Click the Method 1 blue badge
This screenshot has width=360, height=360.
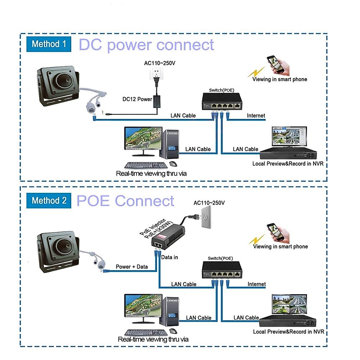[49, 44]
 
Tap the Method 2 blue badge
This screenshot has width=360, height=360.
[49, 200]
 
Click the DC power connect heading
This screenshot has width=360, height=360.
[146, 45]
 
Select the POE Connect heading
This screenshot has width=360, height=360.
[125, 201]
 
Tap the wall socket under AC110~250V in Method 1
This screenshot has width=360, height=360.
[156, 73]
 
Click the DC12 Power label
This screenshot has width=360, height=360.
[137, 99]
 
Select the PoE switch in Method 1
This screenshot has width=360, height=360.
[222, 101]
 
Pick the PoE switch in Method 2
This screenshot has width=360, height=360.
[222, 269]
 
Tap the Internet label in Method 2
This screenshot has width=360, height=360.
[256, 284]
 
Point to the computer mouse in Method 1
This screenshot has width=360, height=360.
[173, 164]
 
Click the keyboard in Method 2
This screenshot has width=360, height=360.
[146, 332]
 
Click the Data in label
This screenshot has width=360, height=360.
[169, 257]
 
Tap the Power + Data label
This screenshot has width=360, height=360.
[132, 267]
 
